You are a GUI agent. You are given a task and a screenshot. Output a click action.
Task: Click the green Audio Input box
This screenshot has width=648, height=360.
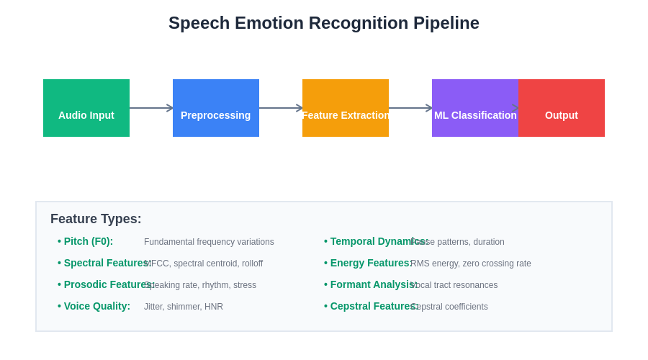click(86, 108)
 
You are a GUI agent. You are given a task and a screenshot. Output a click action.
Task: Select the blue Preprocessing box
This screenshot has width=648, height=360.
click(216, 108)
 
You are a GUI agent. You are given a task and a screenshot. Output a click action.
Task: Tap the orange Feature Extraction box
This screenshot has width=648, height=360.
click(346, 108)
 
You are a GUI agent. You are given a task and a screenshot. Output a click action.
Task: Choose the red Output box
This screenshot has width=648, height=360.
click(562, 108)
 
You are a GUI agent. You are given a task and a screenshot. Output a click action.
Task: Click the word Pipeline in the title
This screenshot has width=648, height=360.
click(446, 23)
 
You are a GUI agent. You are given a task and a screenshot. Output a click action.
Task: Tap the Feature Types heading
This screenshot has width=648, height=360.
click(96, 219)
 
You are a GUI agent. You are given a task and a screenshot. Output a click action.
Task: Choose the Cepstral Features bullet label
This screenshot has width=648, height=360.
click(374, 306)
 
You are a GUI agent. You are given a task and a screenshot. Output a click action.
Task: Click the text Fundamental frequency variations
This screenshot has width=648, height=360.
click(209, 242)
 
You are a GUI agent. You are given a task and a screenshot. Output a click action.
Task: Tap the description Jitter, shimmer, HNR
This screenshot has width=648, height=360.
click(184, 307)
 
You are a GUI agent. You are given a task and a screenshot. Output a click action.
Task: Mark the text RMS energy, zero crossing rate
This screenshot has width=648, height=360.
click(471, 264)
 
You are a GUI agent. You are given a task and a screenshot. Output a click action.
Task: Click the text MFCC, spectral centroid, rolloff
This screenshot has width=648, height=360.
click(204, 264)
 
